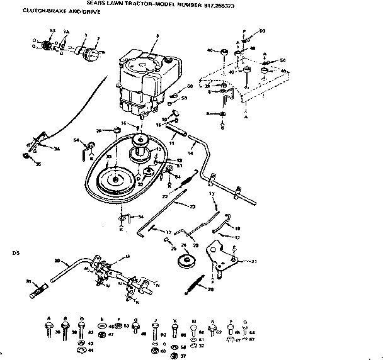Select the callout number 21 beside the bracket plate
pyautogui.click(x=254, y=261)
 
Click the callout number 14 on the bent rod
pyautogui.click(x=190, y=154)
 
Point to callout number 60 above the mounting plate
pyautogui.click(x=262, y=31)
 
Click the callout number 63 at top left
pyautogui.click(x=52, y=31)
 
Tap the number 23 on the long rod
pyautogui.click(x=192, y=206)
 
